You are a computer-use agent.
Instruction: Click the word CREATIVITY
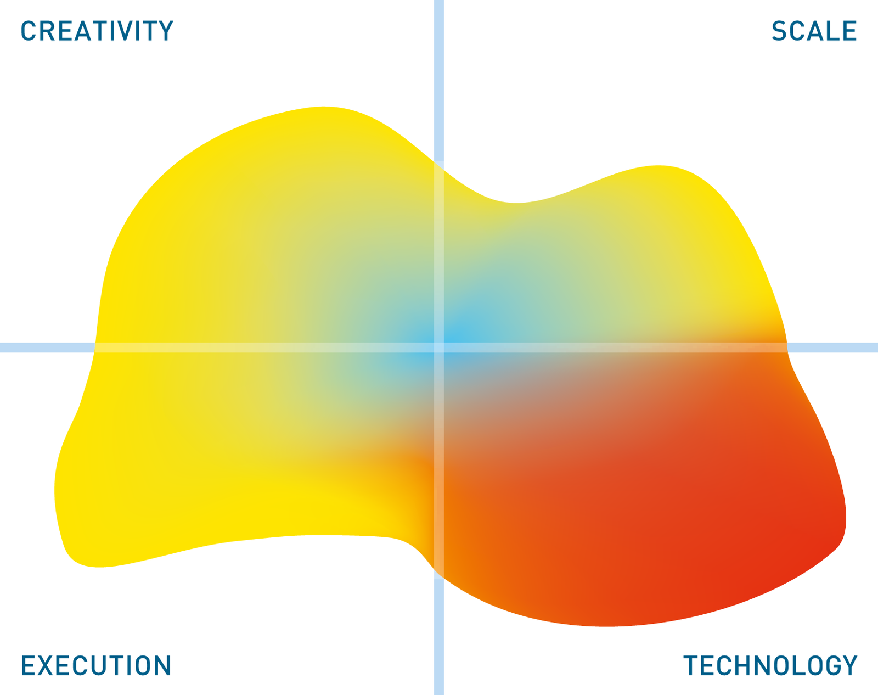tap(97, 31)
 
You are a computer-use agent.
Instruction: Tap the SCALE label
tap(814, 31)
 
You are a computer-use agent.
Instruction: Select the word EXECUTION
tap(96, 665)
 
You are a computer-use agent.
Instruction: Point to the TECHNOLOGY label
tap(770, 665)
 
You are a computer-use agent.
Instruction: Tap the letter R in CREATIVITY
tap(47, 31)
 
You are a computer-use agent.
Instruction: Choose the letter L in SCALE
tap(829, 31)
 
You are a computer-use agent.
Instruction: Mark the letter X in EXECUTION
tap(47, 665)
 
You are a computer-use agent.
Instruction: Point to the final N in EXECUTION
tap(163, 665)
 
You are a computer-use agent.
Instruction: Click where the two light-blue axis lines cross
tap(438, 347)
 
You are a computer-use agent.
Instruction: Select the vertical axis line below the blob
tap(438, 637)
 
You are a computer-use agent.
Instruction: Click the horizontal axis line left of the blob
tap(47, 347)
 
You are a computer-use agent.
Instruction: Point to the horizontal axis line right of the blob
tap(832, 347)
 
